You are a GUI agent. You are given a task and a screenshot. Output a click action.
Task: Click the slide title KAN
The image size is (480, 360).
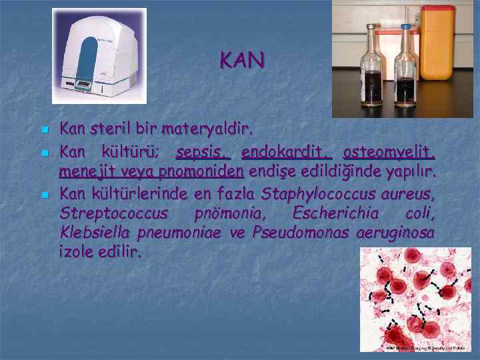click(242, 61)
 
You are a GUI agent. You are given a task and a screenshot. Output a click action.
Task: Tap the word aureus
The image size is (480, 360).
click(410, 194)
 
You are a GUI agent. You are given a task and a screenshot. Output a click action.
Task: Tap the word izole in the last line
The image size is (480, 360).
click(78, 253)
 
